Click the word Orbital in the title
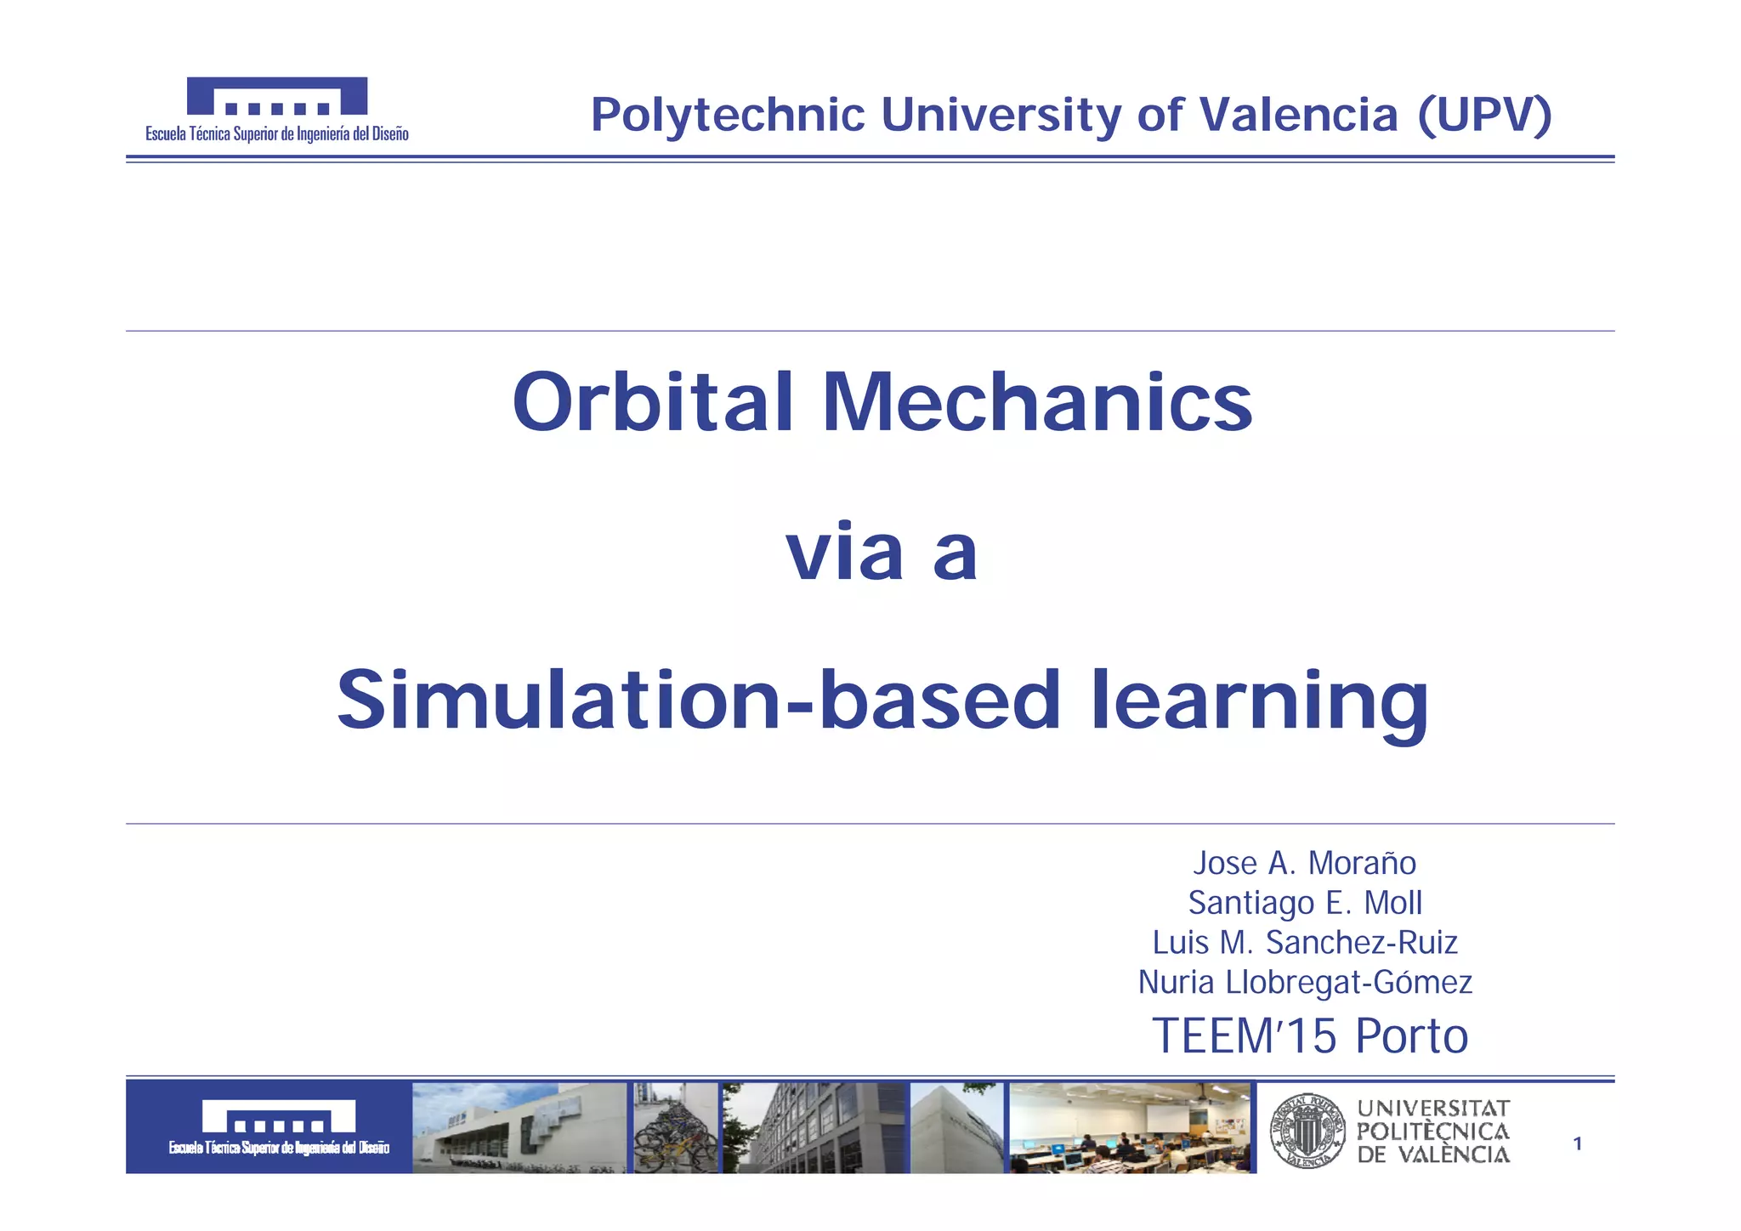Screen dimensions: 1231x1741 point(653,402)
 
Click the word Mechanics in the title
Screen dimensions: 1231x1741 point(1036,402)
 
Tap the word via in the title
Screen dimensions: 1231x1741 point(843,553)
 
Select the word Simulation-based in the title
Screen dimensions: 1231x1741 point(699,701)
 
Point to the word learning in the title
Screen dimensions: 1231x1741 point(1259,701)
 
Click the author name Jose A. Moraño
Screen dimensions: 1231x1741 point(1304,863)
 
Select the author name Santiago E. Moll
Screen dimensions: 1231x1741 point(1304,903)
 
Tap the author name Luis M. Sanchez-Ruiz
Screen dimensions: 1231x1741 point(1304,943)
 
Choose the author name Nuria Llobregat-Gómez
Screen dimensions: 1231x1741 point(1304,983)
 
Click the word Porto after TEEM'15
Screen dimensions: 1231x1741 point(1411,1036)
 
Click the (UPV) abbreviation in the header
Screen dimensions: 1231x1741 point(1484,115)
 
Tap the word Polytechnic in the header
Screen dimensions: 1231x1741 point(728,115)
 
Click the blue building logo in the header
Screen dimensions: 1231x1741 point(277,96)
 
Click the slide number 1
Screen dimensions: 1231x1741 point(1578,1144)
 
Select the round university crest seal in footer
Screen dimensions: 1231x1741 point(1307,1131)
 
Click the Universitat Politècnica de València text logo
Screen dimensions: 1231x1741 point(1433,1132)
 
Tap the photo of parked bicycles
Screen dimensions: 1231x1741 point(675,1128)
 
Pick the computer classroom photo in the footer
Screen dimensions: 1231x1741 point(1131,1128)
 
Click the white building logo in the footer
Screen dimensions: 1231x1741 point(279,1118)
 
